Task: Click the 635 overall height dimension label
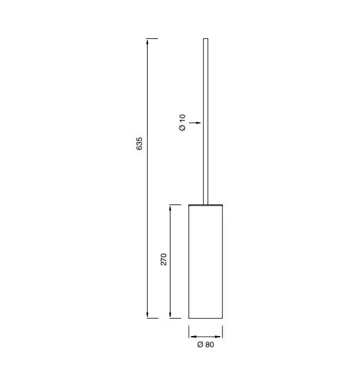[x=139, y=143]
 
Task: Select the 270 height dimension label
[x=164, y=259]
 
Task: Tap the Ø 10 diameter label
[x=182, y=122]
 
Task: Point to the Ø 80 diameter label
[x=206, y=345]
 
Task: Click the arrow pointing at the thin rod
[x=195, y=123]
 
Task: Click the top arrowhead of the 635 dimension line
[x=147, y=41]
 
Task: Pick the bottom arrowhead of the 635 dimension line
[x=147, y=315]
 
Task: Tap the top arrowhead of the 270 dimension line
[x=170, y=208]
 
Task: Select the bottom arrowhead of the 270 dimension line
[x=170, y=315]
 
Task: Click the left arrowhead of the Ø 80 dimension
[x=194, y=337]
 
